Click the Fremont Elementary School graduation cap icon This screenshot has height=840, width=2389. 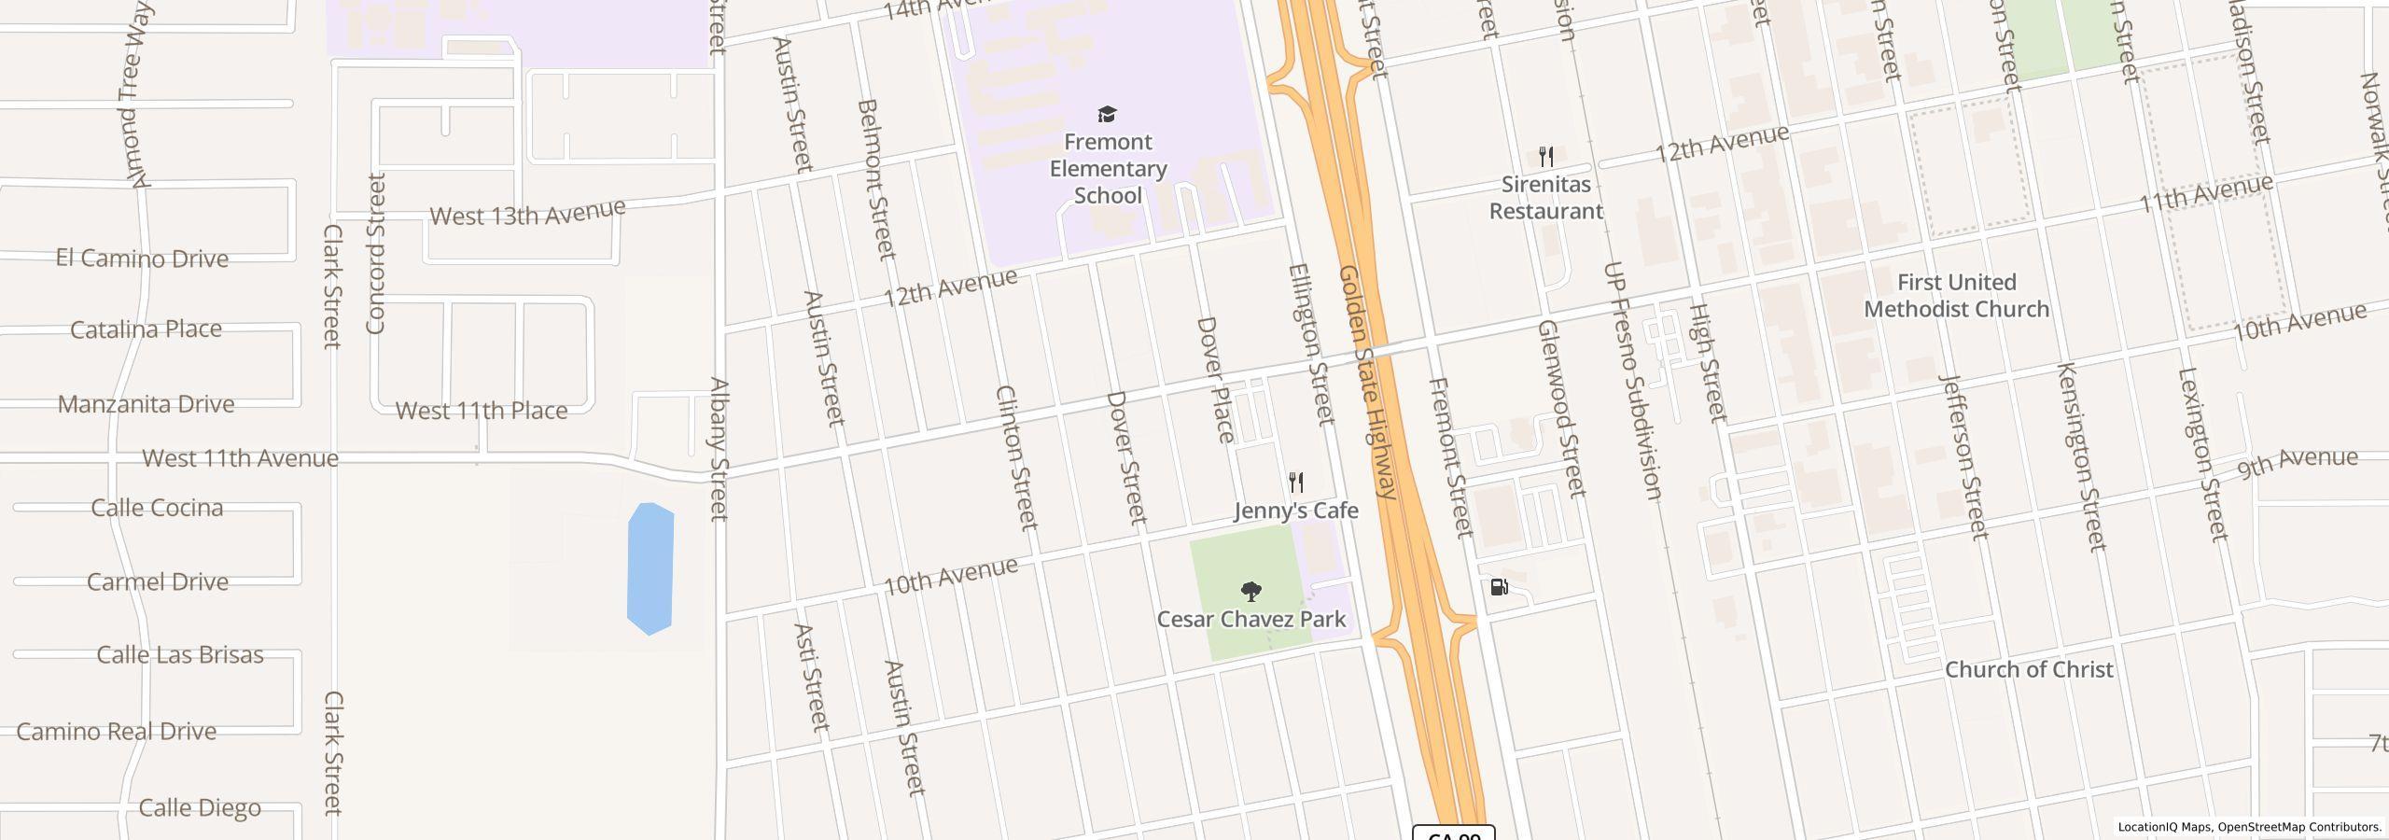(x=1107, y=114)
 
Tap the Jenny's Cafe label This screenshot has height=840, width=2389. (x=1295, y=511)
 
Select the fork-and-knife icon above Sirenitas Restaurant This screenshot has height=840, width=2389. (x=1546, y=156)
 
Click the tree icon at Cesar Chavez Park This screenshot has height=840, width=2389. (x=1250, y=591)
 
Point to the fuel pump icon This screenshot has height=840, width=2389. (x=1499, y=587)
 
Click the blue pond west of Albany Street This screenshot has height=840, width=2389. (x=650, y=568)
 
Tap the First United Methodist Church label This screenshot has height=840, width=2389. (x=1956, y=295)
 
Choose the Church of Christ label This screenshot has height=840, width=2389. (x=2029, y=669)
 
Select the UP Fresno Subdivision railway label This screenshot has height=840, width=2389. (x=1632, y=381)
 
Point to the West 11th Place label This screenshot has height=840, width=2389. (x=482, y=411)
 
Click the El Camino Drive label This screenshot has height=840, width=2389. (x=142, y=259)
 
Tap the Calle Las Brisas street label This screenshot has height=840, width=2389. (x=180, y=654)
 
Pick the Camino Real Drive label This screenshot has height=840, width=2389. (x=117, y=731)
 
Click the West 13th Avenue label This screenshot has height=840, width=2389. (x=527, y=213)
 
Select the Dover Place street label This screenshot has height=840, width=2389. (x=1215, y=379)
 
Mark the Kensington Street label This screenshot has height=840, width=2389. (x=2081, y=456)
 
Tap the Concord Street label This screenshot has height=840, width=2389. (x=376, y=253)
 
